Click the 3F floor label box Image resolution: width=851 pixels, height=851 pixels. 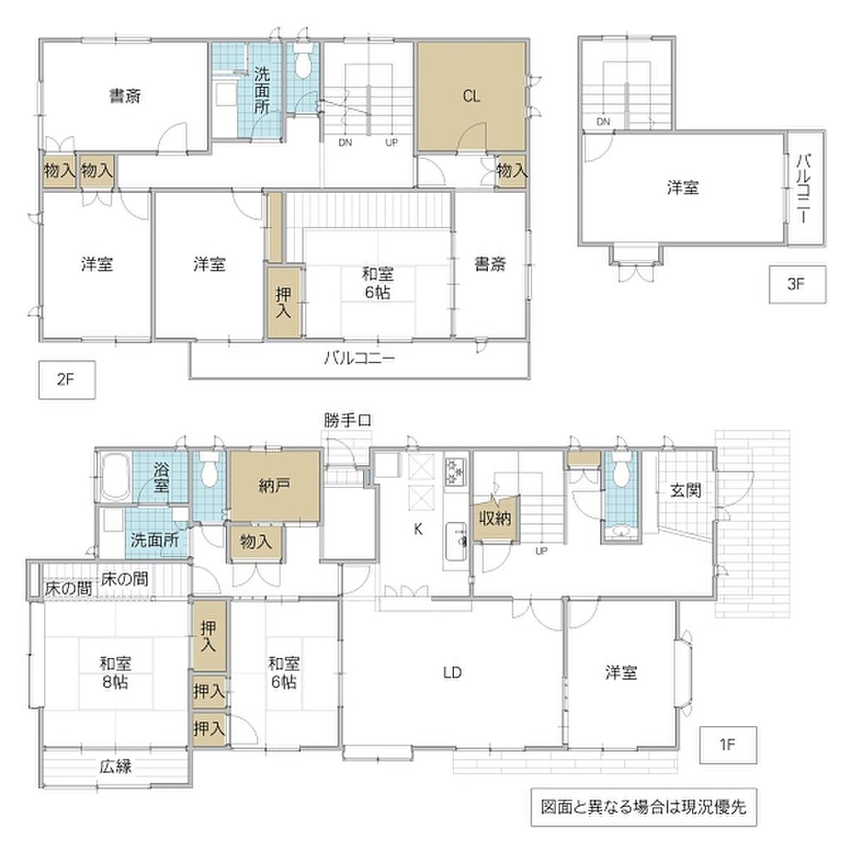click(x=797, y=284)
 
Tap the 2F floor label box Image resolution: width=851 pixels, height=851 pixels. click(x=66, y=380)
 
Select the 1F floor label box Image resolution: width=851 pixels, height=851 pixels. click(x=728, y=745)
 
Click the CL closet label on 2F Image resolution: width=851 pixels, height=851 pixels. click(x=471, y=96)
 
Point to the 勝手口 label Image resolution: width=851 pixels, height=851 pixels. click(x=347, y=420)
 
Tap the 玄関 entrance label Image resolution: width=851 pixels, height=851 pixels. click(x=686, y=490)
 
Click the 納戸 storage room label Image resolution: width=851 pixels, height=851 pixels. click(x=274, y=485)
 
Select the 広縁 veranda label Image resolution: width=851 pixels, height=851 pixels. click(x=116, y=766)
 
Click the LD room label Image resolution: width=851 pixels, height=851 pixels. click(x=452, y=673)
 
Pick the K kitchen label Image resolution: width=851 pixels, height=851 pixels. click(x=418, y=529)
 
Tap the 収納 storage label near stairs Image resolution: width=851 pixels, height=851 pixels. click(x=495, y=519)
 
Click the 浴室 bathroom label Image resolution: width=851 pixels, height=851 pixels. click(x=161, y=477)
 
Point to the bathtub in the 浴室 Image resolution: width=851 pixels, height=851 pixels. click(x=115, y=477)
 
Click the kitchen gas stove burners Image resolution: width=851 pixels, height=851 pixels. click(x=455, y=472)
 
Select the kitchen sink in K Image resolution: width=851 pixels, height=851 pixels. click(x=456, y=542)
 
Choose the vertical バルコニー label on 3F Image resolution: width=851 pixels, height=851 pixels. click(x=804, y=189)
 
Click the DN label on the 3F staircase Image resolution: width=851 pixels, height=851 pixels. click(x=603, y=121)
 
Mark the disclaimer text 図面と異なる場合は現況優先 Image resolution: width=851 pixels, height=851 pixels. click(x=644, y=807)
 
